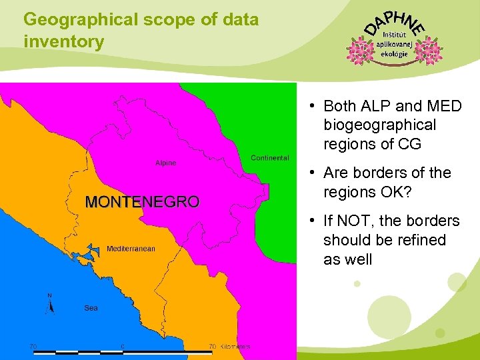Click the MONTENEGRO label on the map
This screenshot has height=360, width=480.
click(142, 202)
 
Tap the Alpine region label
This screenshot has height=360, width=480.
click(166, 163)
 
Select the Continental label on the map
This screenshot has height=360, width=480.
click(270, 158)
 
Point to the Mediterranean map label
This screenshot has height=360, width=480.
click(131, 249)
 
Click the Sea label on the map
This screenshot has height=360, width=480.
click(91, 308)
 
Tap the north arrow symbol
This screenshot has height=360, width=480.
click(49, 303)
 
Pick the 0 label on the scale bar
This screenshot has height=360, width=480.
click(123, 346)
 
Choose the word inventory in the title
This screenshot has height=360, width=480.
click(64, 42)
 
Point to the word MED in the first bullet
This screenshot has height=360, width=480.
click(445, 106)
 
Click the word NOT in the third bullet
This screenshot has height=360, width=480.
click(357, 221)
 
